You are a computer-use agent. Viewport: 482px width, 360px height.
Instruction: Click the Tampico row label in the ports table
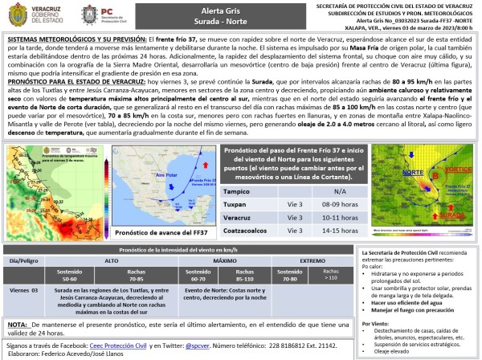click(235, 191)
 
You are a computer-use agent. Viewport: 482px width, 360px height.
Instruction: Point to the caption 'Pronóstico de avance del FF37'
click(157, 233)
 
